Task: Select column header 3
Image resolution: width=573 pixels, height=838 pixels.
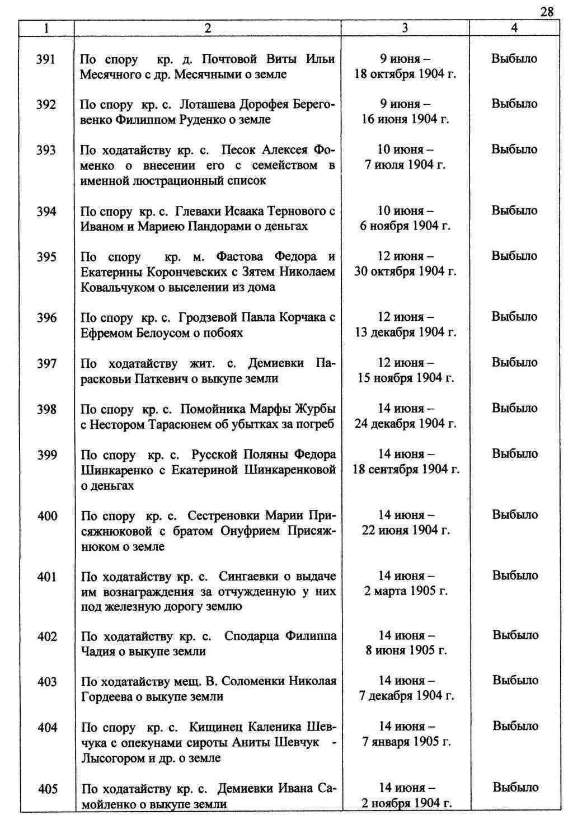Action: pyautogui.click(x=405, y=28)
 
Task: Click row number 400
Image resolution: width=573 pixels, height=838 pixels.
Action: pyautogui.click(x=47, y=516)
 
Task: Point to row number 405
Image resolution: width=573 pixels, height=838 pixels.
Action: pyautogui.click(x=48, y=789)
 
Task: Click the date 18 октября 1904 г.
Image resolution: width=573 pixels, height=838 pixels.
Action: pyautogui.click(x=405, y=74)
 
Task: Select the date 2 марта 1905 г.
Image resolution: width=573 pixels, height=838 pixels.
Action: pyautogui.click(x=406, y=591)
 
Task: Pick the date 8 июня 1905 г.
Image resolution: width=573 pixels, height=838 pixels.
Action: pyautogui.click(x=406, y=651)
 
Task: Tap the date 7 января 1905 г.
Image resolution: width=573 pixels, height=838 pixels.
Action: pyautogui.click(x=406, y=742)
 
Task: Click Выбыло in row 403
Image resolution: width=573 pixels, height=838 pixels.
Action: pyautogui.click(x=515, y=681)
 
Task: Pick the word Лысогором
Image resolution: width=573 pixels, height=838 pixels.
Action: pyautogui.click(x=111, y=758)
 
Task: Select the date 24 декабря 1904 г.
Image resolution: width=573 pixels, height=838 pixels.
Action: pyautogui.click(x=405, y=424)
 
